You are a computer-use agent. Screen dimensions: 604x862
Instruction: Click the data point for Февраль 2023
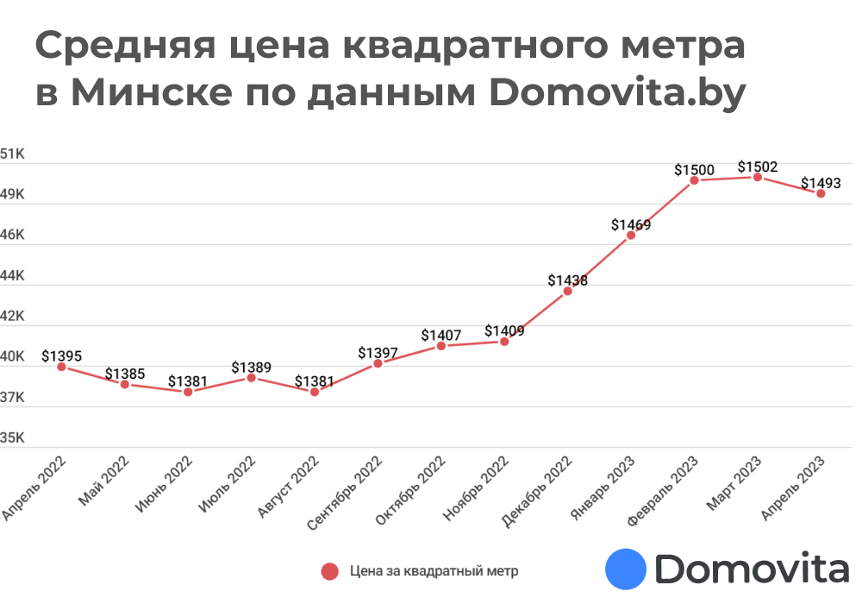click(x=694, y=179)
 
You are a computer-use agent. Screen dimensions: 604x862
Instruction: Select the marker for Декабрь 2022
click(x=567, y=291)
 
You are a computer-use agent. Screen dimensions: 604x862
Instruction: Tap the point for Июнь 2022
click(x=188, y=392)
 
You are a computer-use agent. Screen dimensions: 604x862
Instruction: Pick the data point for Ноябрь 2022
click(x=504, y=342)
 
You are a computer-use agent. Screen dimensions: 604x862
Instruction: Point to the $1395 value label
click(x=61, y=355)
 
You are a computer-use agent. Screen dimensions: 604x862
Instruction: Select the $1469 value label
click(x=631, y=224)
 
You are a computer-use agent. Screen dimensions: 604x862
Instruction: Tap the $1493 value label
click(x=821, y=183)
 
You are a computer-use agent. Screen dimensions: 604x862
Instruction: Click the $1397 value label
click(x=378, y=352)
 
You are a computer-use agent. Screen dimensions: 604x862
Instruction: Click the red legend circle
click(x=328, y=571)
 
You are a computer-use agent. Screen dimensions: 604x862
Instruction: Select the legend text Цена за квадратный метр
click(x=434, y=571)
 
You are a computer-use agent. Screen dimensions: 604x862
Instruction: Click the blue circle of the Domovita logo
click(x=626, y=569)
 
